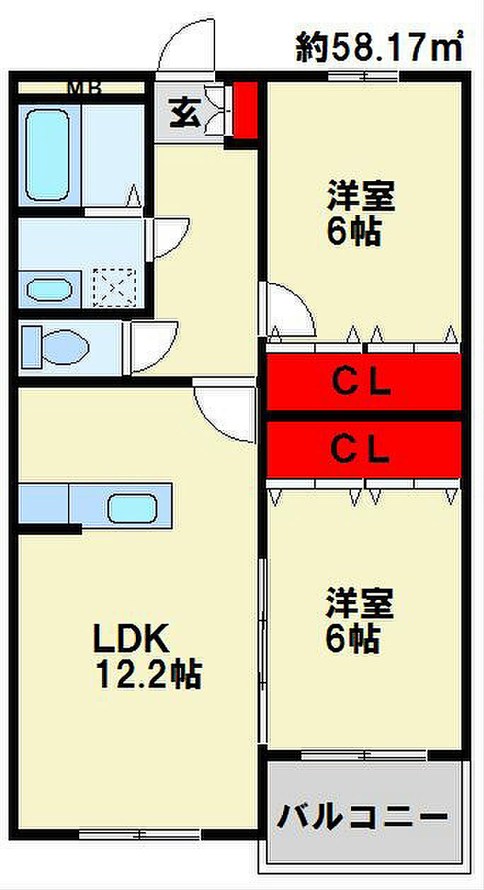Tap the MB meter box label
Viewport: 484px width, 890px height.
(x=84, y=88)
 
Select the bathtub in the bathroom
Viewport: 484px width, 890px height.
(x=47, y=154)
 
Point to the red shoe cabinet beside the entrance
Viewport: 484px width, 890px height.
(x=246, y=112)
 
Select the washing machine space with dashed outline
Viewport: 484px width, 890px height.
(x=114, y=287)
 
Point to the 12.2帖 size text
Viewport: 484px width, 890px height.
(x=149, y=676)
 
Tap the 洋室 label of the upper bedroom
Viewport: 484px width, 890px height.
(x=360, y=197)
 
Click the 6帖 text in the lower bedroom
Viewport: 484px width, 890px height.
(x=352, y=640)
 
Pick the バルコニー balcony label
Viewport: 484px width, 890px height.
(x=363, y=819)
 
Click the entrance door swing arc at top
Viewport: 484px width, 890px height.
(x=185, y=46)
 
